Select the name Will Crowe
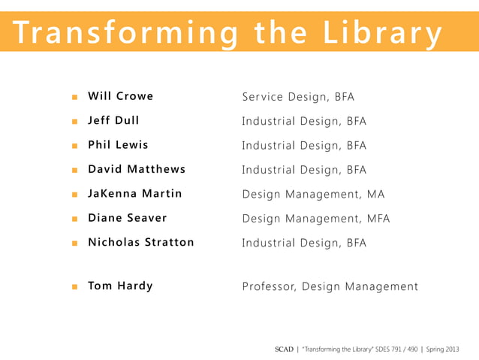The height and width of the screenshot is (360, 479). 120,96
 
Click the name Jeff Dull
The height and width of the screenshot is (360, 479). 113,120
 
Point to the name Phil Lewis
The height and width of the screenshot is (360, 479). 118,144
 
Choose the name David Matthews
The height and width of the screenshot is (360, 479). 137,169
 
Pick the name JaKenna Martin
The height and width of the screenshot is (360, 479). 135,194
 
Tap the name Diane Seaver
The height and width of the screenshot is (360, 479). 128,218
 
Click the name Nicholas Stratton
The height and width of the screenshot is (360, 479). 141,243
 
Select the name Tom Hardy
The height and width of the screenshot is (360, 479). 120,286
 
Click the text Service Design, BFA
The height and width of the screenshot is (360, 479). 298,97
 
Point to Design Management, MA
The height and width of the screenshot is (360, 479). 313,195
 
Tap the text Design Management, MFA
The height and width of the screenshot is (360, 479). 316,219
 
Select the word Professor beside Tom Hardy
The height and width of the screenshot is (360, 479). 268,286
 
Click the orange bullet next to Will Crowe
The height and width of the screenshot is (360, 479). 74,97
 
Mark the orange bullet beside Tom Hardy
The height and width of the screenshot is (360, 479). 74,286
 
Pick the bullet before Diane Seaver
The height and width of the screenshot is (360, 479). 74,219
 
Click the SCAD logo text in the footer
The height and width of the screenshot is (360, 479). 284,349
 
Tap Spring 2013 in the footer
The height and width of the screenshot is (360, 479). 443,349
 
